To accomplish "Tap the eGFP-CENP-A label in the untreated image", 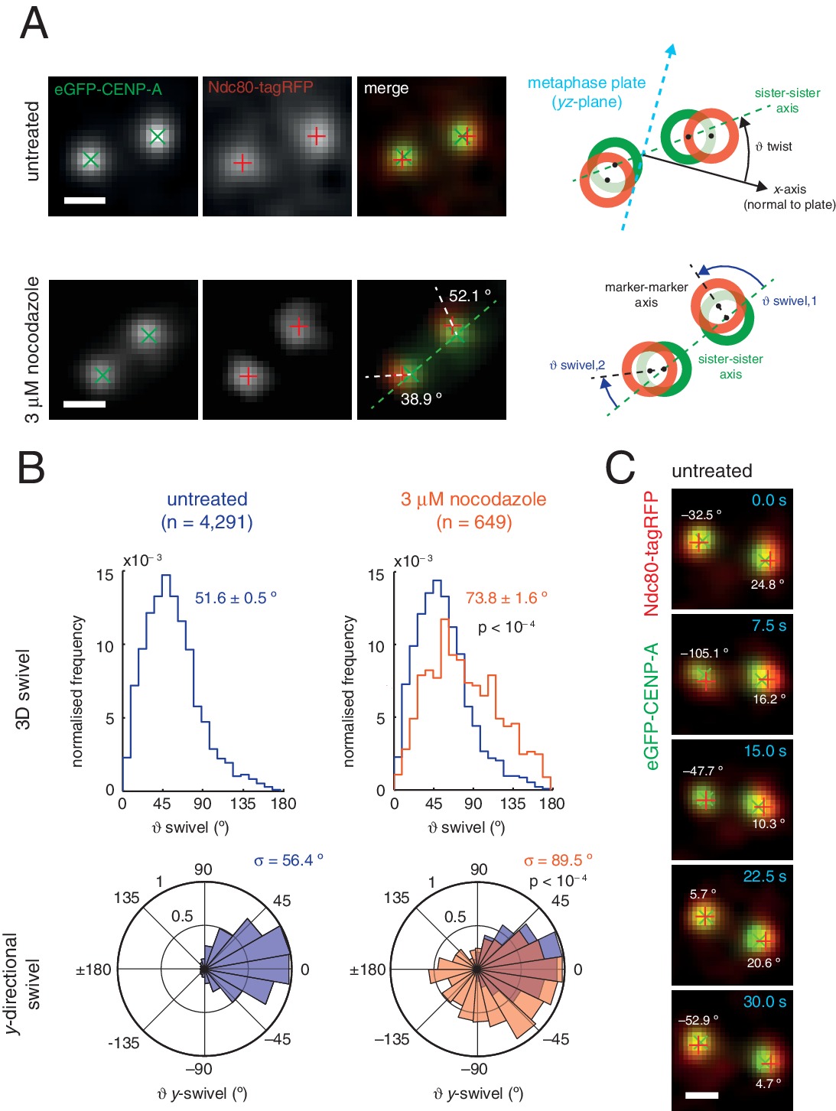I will (108, 89).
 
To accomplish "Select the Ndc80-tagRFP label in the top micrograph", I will (260, 87).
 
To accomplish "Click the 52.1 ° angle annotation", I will (470, 295).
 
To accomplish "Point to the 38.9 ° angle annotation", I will (421, 398).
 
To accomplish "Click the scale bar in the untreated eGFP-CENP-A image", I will (85, 201).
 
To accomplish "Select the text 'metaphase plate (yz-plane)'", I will (586, 92).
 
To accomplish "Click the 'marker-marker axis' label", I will (646, 294).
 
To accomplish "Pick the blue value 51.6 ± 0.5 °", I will (236, 598).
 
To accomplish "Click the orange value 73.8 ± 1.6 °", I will (506, 598).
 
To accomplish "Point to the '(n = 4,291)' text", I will (207, 522).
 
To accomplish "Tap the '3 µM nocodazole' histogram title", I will (473, 499).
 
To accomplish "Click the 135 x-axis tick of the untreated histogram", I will (242, 804).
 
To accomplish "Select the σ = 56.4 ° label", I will (288, 860).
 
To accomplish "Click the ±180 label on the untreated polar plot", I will (93, 970).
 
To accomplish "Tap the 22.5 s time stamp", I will (764, 876).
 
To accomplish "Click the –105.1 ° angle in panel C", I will (704, 653).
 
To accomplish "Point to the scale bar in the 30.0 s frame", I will (701, 1095).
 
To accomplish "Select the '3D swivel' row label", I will (24, 690).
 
